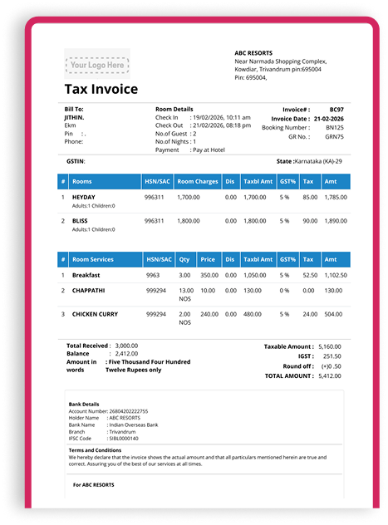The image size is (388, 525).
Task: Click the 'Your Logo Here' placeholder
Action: coord(96,63)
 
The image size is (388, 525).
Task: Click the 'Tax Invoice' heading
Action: coord(101,90)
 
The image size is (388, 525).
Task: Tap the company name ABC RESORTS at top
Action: coord(258,52)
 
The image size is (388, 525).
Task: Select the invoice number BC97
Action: coord(336,109)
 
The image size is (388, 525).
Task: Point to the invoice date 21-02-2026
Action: coord(327,118)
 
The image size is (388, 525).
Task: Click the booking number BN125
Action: coord(335,127)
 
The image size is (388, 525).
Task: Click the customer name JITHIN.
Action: coord(75,118)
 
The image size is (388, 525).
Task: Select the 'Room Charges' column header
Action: coord(198,180)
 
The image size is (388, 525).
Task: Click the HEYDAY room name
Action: coord(84,197)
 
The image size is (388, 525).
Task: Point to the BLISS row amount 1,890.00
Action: coord(335,221)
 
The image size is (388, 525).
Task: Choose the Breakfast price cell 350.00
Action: coord(209,274)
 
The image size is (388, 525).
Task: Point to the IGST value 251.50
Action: coord(332,356)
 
